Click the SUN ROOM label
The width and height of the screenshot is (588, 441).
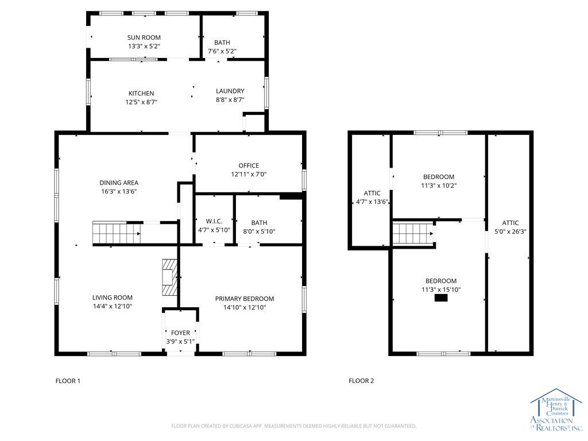144,37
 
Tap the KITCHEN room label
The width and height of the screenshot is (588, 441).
141,94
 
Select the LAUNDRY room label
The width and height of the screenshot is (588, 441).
230,91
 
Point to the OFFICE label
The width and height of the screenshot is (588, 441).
249,165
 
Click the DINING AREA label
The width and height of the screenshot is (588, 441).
119,183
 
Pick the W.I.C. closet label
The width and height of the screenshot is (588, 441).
214,221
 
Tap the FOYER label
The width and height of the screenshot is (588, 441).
180,332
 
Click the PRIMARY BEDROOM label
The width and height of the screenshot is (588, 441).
245,299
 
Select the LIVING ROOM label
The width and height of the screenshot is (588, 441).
113,297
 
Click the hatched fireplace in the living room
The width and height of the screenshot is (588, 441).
169,277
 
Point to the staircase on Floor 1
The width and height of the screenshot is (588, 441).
116,233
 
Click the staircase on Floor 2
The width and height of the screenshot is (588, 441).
413,233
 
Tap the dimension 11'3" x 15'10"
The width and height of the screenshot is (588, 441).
441,289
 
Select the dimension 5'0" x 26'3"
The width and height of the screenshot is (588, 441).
510,231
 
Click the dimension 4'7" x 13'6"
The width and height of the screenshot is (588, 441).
372,202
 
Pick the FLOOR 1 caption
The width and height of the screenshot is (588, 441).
68,381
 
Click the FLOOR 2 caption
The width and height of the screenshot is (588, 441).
361,381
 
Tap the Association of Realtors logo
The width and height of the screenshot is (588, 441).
556,409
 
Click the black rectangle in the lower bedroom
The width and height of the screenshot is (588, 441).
441,298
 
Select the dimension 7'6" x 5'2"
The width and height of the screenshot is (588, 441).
222,51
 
